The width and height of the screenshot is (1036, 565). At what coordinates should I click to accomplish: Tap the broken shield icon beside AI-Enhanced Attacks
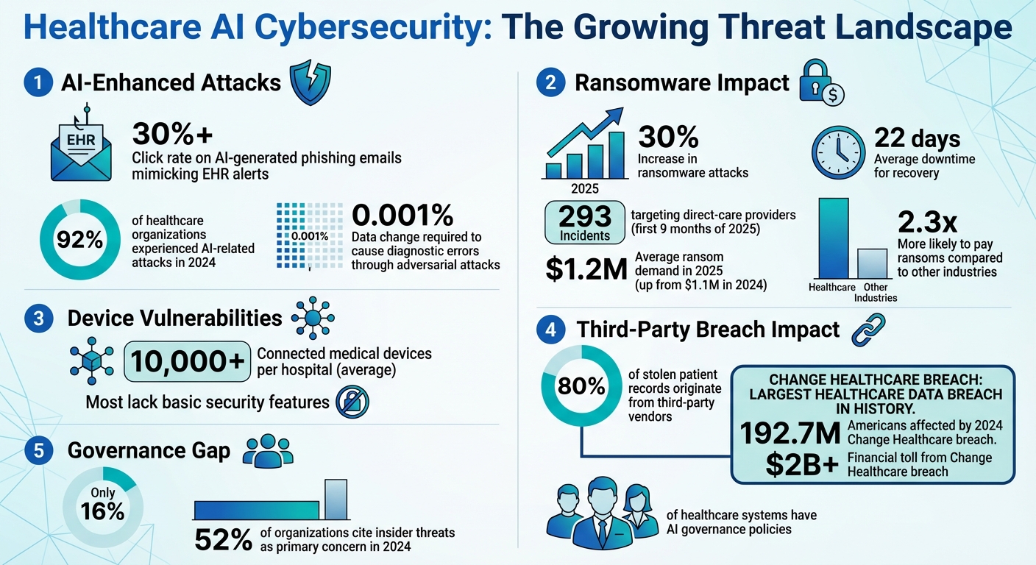coord(310,83)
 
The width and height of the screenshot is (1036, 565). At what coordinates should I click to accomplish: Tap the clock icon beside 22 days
coord(838,154)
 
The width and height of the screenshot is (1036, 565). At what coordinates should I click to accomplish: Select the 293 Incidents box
coord(584,222)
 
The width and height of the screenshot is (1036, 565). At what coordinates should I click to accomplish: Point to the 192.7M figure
coord(790,434)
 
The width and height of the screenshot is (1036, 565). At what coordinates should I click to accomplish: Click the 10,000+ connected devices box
coord(188,362)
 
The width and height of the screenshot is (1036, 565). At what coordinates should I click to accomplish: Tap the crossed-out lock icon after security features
coord(352,402)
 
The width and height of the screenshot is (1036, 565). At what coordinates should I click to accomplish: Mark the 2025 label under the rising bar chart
coord(585,188)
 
